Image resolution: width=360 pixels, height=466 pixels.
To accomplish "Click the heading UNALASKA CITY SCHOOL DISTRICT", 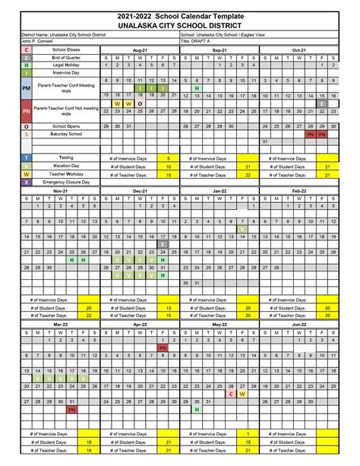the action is (x=179, y=24).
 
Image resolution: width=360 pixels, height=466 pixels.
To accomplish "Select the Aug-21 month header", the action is (x=140, y=49).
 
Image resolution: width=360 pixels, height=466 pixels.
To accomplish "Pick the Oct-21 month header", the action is (x=298, y=49).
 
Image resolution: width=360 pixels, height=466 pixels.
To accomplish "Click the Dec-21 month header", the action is (x=140, y=191).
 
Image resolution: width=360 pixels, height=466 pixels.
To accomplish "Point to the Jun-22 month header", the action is (x=298, y=325).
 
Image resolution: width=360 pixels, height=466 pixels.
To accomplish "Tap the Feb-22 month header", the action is (x=298, y=191).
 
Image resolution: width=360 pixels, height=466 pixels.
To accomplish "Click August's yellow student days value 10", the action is (x=168, y=166).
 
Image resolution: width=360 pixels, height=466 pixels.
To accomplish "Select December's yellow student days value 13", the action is (x=168, y=307).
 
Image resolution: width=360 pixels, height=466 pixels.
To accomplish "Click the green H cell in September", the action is (x=197, y=88).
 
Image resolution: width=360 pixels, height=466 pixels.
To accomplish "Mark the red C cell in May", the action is (x=231, y=394).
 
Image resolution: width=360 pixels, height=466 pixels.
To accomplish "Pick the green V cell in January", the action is (x=242, y=229).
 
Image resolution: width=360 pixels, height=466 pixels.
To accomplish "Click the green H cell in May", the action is (x=197, y=409).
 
